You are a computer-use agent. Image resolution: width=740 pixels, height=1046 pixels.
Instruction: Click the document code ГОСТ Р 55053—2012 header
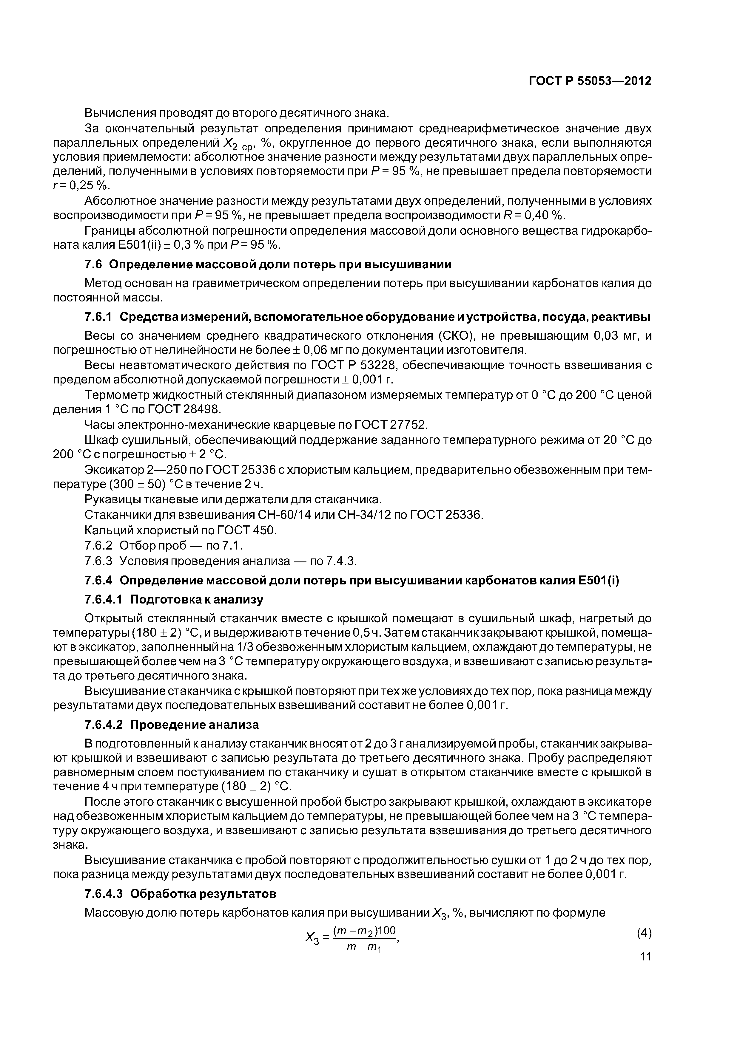(590, 81)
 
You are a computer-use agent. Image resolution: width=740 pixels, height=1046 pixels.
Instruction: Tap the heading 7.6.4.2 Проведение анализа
(172, 724)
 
